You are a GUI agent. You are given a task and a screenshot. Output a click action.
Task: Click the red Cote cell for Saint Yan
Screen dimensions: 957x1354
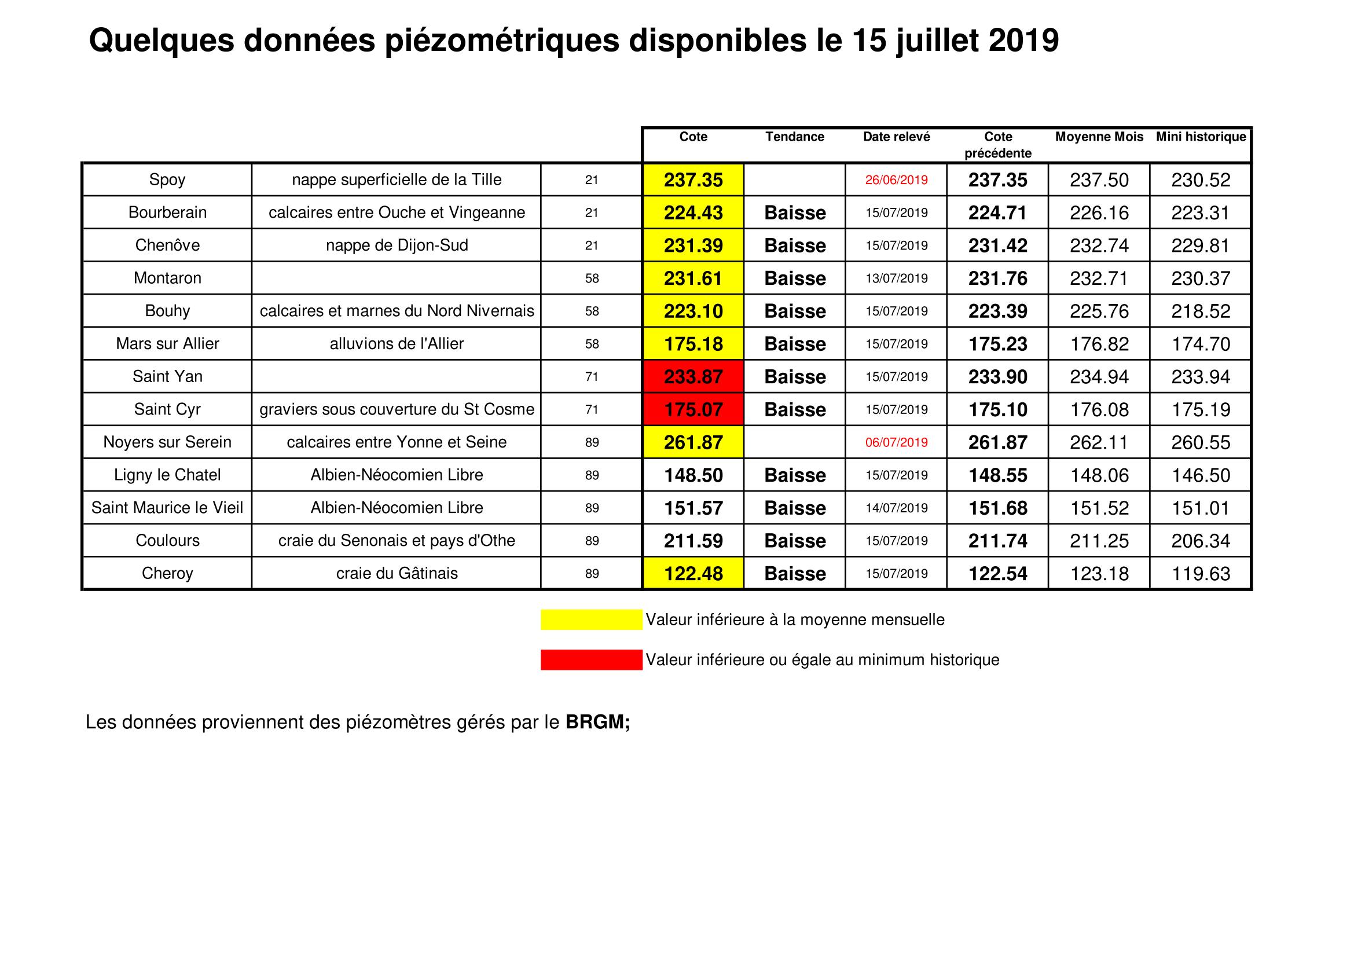coord(693,377)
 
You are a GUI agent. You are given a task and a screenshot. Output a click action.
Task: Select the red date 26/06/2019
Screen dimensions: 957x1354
coord(896,180)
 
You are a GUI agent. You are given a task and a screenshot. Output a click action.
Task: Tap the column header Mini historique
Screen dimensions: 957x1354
coord(1201,137)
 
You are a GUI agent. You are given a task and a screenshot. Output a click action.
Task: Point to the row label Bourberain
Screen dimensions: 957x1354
coord(167,212)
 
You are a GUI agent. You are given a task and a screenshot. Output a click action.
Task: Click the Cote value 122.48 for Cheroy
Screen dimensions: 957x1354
coord(693,574)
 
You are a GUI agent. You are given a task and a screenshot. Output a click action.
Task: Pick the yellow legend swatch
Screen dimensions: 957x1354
coord(591,619)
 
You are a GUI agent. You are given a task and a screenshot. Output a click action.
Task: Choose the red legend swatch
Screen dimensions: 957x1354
coord(591,660)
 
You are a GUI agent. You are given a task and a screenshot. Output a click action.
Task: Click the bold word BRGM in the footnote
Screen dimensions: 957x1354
coord(597,723)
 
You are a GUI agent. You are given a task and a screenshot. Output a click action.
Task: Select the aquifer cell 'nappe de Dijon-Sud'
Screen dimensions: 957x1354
coord(397,245)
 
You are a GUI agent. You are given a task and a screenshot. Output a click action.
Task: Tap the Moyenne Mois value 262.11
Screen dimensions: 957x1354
coord(1099,442)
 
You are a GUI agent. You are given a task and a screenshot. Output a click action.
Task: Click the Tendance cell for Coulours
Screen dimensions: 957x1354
coord(794,541)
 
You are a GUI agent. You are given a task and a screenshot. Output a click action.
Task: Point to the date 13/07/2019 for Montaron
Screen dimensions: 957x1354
coord(896,278)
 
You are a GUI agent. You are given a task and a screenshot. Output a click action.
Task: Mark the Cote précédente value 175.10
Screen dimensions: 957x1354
coord(997,410)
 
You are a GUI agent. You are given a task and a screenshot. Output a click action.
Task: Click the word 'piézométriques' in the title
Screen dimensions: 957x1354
coord(502,41)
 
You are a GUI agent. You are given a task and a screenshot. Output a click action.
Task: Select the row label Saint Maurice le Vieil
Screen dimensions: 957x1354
coord(167,508)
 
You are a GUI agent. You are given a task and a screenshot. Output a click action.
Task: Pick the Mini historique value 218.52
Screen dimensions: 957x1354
coord(1201,311)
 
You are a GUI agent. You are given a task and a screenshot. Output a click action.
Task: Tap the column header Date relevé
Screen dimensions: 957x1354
coord(896,137)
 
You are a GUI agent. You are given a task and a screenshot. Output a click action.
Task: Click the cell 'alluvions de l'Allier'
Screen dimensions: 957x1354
coord(397,344)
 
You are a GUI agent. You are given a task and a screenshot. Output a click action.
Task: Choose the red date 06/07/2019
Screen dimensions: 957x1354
coord(896,442)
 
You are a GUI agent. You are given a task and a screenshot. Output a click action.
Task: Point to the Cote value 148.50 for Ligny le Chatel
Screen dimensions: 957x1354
coord(693,475)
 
